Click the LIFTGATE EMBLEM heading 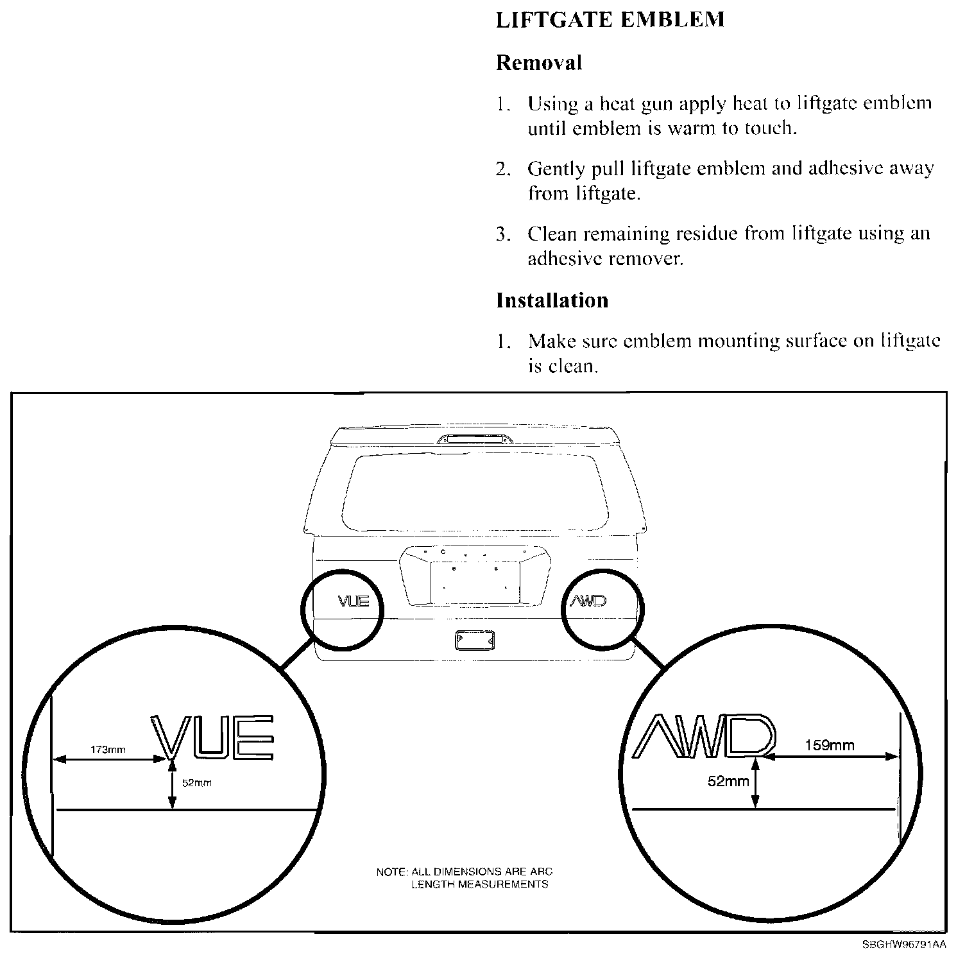610,20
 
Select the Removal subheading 539,63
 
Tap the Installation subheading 552,300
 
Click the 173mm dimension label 108,749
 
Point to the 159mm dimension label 829,745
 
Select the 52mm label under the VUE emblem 196,783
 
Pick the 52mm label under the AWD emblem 728,781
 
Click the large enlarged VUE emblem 213,736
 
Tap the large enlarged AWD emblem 705,735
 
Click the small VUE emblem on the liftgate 354,601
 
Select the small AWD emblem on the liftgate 588,601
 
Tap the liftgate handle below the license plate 474,641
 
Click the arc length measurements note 464,878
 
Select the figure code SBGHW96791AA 903,945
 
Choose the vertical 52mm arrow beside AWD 756,782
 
